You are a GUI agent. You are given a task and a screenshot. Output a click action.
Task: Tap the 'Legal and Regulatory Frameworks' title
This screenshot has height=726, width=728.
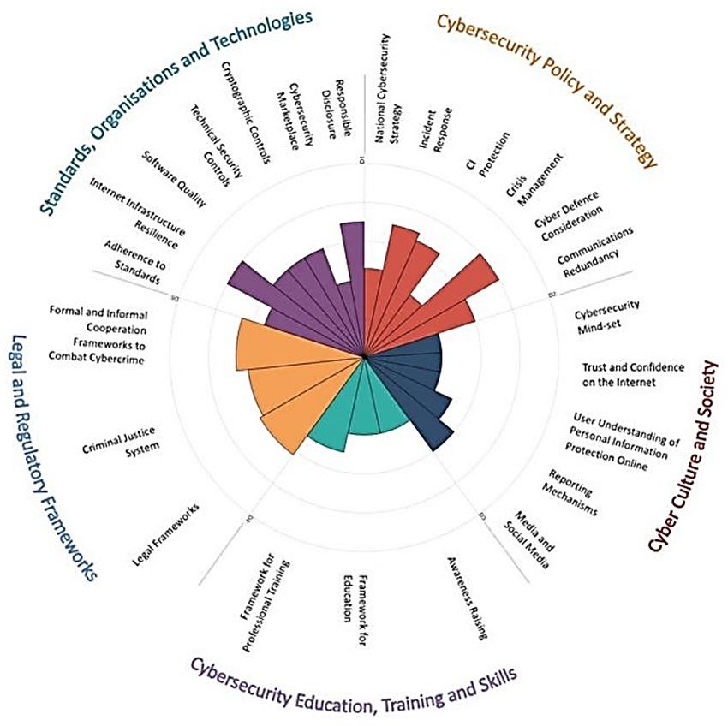coord(52,455)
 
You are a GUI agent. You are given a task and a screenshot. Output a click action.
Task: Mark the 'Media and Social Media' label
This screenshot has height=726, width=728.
coord(532,539)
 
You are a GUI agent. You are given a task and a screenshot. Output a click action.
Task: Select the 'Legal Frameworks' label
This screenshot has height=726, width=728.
coord(166,535)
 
